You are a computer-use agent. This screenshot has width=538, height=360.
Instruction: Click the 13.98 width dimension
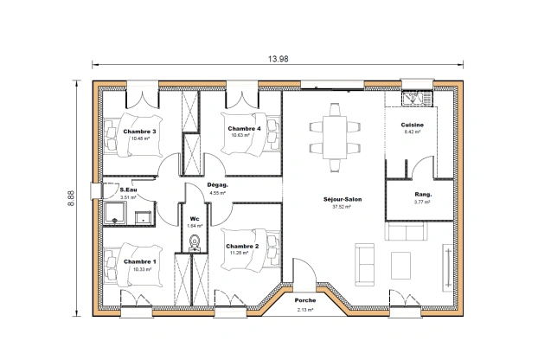point(278,58)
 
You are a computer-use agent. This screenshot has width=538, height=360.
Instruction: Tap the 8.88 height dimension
point(71,198)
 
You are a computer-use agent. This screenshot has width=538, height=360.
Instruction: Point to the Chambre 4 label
point(244,128)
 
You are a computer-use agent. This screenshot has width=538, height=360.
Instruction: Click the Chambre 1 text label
point(140,261)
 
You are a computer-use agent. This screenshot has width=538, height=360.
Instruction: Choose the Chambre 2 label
point(241,247)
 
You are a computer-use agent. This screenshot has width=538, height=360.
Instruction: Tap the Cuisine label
point(412,125)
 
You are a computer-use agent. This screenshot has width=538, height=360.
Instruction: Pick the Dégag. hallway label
point(217,184)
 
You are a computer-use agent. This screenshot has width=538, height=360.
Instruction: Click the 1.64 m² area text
point(195,225)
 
